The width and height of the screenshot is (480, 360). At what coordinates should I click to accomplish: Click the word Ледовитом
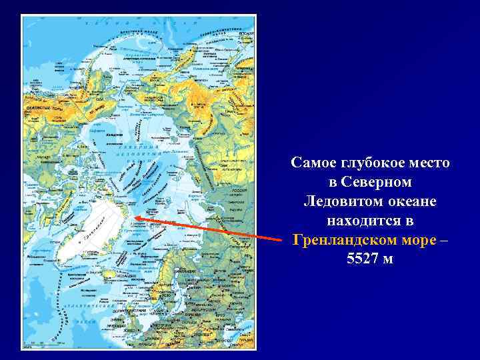pos(343,201)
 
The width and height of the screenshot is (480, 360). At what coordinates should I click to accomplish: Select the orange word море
pos(419,239)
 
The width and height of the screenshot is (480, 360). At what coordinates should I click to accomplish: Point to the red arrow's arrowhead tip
pos(135,217)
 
